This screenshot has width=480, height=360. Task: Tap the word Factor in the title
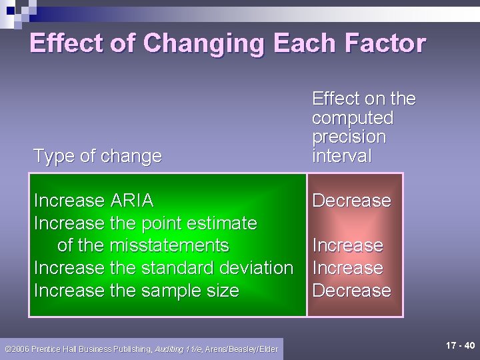click(385, 43)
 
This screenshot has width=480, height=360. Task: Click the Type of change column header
click(97, 156)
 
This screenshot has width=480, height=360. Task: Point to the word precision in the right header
click(349, 137)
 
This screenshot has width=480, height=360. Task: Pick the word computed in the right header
click(353, 118)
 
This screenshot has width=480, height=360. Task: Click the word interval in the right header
click(341, 156)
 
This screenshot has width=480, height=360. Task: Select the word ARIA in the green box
click(131, 200)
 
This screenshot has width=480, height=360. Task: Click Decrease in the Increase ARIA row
click(351, 200)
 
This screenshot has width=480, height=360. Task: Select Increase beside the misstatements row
click(347, 245)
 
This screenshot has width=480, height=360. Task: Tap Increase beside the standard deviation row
click(347, 268)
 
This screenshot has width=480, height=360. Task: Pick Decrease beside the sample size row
click(351, 291)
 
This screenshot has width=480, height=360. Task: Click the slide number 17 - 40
click(460, 345)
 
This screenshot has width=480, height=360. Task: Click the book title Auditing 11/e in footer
click(179, 349)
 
